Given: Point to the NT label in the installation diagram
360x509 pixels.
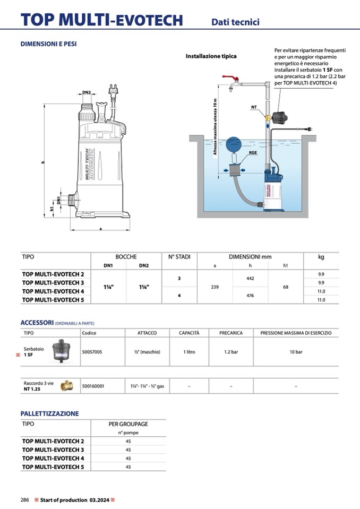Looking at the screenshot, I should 254,107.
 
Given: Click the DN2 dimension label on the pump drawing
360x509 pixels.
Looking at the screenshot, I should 87,92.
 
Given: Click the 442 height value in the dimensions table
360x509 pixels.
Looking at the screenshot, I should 250,278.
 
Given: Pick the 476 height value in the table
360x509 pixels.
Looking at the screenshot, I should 250,295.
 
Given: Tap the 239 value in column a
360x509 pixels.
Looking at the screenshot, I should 215,287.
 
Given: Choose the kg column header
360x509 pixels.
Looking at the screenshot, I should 321,257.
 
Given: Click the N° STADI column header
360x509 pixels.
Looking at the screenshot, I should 179,257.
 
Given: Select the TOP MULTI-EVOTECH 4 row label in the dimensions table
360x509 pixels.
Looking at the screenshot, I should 53,291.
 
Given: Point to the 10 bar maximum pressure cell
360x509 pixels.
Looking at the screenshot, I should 296,351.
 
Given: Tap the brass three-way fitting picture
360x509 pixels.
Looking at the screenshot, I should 66,386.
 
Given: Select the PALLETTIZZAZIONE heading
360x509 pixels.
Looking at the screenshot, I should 49,413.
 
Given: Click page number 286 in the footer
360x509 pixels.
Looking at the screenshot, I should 24,500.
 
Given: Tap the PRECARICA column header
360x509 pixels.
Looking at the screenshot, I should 231,333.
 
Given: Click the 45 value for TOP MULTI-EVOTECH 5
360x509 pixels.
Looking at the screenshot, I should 128,467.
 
